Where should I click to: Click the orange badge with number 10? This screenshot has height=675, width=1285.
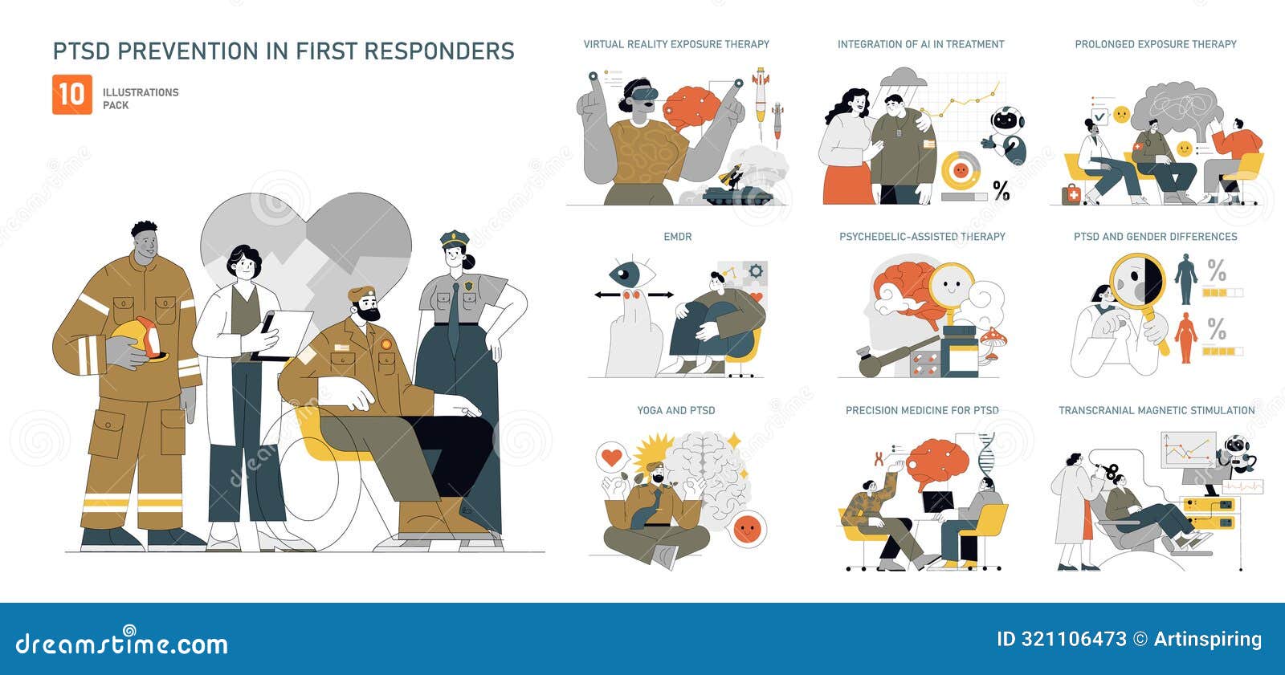(x=72, y=95)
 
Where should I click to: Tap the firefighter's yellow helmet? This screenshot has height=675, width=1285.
(x=140, y=338)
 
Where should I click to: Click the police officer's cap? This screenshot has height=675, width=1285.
(x=454, y=238)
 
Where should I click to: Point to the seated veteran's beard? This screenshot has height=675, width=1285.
(x=369, y=312)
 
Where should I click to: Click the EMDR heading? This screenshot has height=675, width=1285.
(x=677, y=237)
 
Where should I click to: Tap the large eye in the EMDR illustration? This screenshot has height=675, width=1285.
(x=626, y=274)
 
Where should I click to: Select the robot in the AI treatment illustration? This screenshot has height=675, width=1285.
(x=1007, y=132)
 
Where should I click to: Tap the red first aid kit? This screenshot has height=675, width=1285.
(x=1072, y=194)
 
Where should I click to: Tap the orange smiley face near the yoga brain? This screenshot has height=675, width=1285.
(x=747, y=529)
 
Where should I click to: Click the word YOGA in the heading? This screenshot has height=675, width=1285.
(x=651, y=410)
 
